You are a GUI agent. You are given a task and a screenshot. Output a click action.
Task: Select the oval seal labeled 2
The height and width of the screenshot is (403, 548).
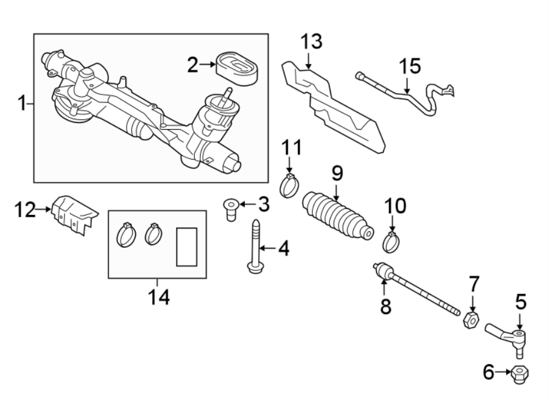click(x=237, y=66)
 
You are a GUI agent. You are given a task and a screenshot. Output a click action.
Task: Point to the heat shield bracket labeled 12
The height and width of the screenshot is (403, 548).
click(x=74, y=213)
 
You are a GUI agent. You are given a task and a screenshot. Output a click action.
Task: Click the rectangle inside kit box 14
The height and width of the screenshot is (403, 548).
click(x=187, y=247)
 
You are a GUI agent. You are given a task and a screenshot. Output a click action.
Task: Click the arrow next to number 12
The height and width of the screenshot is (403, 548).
click(x=44, y=209)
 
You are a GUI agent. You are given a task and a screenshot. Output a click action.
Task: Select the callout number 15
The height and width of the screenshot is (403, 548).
click(x=410, y=66)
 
